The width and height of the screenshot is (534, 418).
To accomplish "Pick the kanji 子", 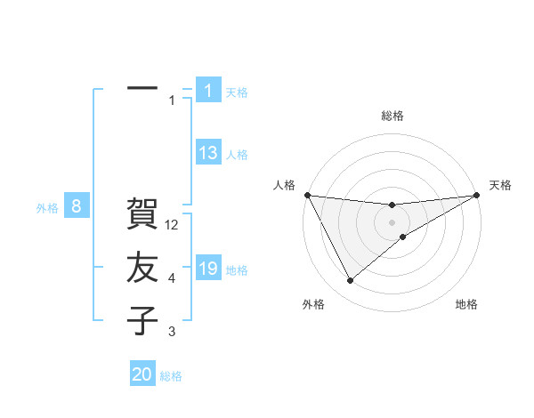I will [142, 320].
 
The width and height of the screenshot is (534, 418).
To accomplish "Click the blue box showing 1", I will [208, 91].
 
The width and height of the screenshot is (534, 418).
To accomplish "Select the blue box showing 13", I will [208, 153].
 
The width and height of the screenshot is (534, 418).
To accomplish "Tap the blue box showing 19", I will [208, 269].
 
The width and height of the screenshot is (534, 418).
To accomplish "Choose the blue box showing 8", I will [77, 207].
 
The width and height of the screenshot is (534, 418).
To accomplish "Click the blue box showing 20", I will [142, 374].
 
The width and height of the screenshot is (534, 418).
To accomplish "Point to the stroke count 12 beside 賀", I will [173, 226].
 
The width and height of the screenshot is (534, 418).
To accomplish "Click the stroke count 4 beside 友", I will [172, 279].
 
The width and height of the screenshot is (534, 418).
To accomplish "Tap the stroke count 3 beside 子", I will [172, 332].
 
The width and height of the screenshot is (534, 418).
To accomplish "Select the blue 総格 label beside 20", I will [171, 376].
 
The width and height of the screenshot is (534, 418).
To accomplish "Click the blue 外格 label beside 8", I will [47, 209].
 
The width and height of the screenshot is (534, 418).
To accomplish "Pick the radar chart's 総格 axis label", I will [392, 116].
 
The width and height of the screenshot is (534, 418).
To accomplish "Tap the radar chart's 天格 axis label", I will [500, 185].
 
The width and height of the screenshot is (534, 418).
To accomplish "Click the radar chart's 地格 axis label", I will [466, 304].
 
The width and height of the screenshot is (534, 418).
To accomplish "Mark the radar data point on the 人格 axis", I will [307, 195].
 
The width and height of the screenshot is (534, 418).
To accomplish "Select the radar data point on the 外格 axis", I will [350, 281].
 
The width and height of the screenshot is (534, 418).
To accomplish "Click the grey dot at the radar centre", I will [392, 221].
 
